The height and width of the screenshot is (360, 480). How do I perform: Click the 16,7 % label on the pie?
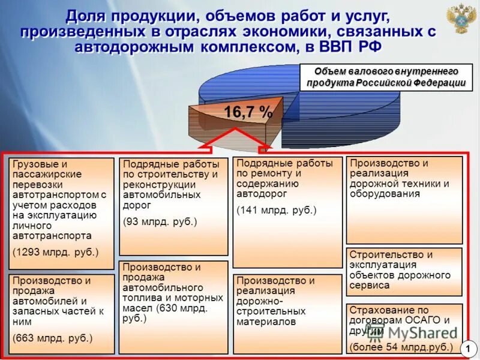click(x=248, y=112)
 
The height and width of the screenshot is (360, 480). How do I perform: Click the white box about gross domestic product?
click(x=386, y=77)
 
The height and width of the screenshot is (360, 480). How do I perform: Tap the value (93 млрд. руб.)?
click(x=160, y=221)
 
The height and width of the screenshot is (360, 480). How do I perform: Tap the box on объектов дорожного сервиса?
click(x=404, y=271)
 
